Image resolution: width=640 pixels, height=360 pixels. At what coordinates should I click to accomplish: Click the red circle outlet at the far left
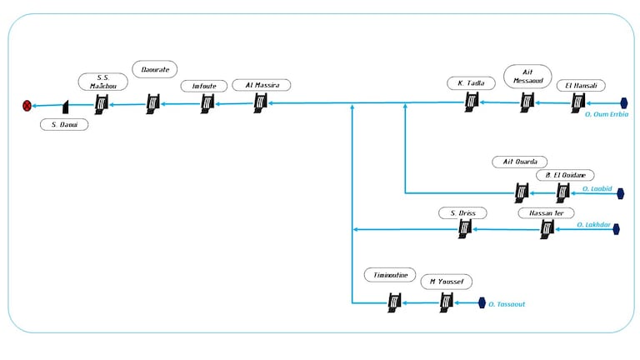(x=27, y=105)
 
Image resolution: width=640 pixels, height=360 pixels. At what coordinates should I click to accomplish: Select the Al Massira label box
(x=262, y=85)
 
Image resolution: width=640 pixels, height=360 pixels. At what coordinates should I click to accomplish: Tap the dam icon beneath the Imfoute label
(x=207, y=102)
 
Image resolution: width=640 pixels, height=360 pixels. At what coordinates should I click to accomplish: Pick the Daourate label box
(x=155, y=70)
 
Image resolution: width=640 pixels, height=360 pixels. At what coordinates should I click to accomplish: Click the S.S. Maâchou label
(x=103, y=82)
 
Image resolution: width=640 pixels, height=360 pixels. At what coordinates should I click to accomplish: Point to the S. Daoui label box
(x=64, y=125)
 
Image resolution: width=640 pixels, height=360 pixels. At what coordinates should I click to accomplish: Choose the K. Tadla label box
(x=471, y=83)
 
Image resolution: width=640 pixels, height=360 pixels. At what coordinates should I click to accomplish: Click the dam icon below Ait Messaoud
(x=527, y=102)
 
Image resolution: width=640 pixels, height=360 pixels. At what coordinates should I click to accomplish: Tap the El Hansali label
(x=581, y=85)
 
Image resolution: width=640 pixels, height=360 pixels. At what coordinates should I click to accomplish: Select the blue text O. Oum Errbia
(x=607, y=113)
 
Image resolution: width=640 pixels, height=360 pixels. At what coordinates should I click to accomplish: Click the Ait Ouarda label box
(x=520, y=161)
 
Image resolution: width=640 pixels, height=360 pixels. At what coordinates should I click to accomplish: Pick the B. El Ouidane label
(x=565, y=175)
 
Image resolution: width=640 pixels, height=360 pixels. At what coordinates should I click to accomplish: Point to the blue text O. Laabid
(x=597, y=189)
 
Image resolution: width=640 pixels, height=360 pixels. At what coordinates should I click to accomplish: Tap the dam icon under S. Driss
(x=466, y=227)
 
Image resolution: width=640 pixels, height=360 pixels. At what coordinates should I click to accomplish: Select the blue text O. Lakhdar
(x=594, y=225)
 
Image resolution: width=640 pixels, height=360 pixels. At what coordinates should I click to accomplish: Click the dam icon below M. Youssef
(x=447, y=302)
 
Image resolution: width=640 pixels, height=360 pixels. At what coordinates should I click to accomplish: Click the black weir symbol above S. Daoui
(x=64, y=106)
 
